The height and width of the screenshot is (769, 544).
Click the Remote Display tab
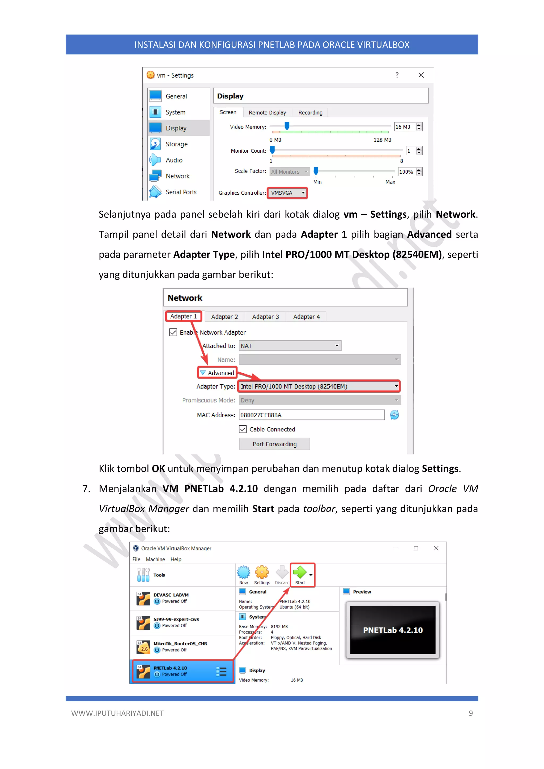267,113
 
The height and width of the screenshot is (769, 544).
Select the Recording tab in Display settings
310,113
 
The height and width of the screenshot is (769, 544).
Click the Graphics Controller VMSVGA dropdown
287,193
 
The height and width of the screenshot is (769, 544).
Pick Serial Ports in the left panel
181,192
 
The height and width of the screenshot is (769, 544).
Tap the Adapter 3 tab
265,317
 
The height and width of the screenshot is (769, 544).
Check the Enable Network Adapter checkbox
173,332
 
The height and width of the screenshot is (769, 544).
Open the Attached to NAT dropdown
290,346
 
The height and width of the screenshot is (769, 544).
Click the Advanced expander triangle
203,373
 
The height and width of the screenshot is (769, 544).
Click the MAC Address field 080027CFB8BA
312,415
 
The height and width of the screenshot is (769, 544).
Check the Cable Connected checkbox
243,429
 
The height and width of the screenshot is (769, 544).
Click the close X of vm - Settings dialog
421,75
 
